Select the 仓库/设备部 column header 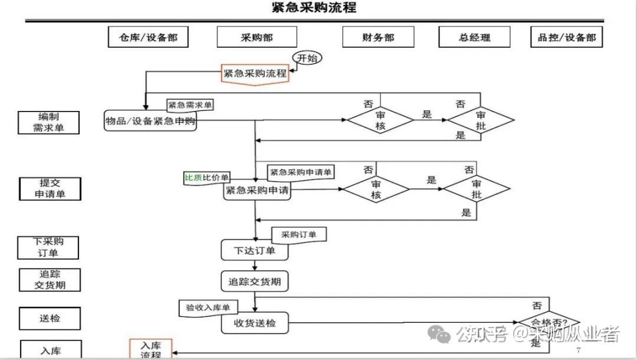pos(143,37)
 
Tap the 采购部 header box pos(257,37)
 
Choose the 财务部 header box pos(378,37)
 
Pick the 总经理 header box pos(474,37)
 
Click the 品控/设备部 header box pos(567,37)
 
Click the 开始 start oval pos(307,58)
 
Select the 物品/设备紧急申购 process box pos(150,121)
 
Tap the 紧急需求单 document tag pos(191,105)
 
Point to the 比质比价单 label pos(207,178)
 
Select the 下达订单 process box pos(255,250)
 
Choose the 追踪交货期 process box pos(255,282)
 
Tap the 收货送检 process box pos(255,323)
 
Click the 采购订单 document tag pos(299,235)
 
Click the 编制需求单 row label pos(48,122)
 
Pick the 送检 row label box pos(50,318)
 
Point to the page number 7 pos(578,350)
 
